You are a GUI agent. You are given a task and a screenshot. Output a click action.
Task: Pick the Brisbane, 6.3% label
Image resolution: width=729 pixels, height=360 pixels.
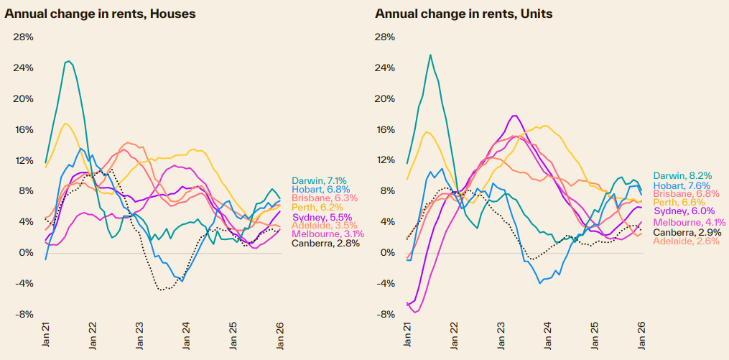tap(323, 198)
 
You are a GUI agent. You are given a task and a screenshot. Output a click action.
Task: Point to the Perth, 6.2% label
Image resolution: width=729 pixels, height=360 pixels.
tap(317, 207)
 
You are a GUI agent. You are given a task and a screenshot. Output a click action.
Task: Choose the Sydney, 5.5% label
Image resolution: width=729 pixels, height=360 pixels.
tap(321, 217)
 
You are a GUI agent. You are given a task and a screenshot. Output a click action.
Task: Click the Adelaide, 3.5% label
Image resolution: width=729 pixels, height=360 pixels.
tap(324, 226)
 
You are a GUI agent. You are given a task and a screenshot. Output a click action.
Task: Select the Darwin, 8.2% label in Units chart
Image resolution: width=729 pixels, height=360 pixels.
tap(682, 175)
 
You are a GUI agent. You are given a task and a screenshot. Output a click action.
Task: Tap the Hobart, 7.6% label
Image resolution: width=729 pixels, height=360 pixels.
tap(680, 184)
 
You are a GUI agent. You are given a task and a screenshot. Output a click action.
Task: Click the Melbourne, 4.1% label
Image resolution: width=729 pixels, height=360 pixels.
tap(687, 223)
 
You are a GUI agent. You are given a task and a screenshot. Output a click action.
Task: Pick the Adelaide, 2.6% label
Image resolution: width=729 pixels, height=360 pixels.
tap(685, 241)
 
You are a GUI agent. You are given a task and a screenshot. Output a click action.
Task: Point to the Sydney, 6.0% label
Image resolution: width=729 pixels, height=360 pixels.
tap(682, 211)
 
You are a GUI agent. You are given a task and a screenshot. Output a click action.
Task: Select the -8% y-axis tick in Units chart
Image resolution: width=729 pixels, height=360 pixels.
tap(385, 315)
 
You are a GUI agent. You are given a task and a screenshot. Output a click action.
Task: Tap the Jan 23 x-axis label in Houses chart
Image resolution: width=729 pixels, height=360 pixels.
tap(139, 339)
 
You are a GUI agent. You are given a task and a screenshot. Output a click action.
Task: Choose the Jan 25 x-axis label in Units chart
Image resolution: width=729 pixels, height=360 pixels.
tap(595, 339)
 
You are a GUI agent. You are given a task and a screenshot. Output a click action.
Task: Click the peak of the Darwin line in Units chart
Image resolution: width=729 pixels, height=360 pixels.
tap(430, 55)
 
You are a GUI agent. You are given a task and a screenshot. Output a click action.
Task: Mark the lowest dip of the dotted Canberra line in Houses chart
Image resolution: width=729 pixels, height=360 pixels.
tap(163, 290)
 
